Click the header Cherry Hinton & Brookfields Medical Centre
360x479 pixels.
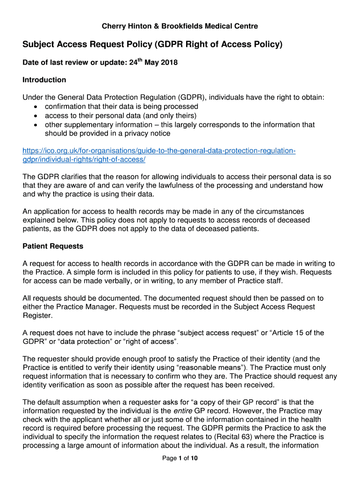[180, 26]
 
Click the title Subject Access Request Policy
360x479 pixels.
[153, 45]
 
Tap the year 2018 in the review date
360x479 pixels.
[168, 63]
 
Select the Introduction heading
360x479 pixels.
[44, 80]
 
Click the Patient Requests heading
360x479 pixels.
[53, 247]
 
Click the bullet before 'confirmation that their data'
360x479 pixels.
[36, 107]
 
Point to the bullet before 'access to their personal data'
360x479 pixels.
[36, 116]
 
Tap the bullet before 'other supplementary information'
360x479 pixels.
[36, 125]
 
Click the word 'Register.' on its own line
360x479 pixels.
[37, 316]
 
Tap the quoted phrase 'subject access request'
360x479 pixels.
[217, 333]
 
